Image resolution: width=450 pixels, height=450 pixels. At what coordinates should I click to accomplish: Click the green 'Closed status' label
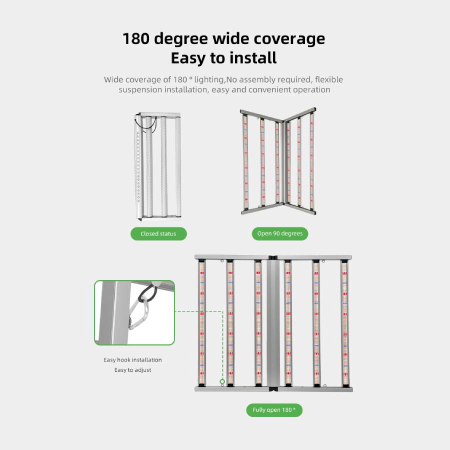(x=158, y=233)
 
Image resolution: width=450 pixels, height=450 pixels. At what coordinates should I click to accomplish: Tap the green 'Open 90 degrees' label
(x=280, y=233)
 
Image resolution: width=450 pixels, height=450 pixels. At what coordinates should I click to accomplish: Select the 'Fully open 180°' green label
(x=274, y=410)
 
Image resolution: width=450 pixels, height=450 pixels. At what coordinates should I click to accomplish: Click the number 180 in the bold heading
(x=136, y=38)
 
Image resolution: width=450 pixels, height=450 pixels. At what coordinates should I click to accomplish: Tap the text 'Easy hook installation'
(x=132, y=360)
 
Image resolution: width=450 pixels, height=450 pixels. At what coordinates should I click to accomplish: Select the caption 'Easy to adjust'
(x=132, y=370)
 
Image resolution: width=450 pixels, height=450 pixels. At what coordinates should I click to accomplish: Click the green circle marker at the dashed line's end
(x=222, y=381)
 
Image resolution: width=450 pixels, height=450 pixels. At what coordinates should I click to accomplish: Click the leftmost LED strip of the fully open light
(x=202, y=323)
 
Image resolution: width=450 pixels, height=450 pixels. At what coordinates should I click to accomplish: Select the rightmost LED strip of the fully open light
(x=344, y=323)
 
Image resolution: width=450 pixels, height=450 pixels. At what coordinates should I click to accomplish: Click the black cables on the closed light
(x=146, y=124)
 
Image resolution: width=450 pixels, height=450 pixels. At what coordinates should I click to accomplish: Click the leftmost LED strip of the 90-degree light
(x=245, y=162)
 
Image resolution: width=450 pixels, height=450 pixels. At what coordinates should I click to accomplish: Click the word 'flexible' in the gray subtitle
(x=329, y=79)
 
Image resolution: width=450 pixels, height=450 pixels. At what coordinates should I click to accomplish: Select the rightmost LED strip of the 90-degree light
(x=312, y=160)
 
